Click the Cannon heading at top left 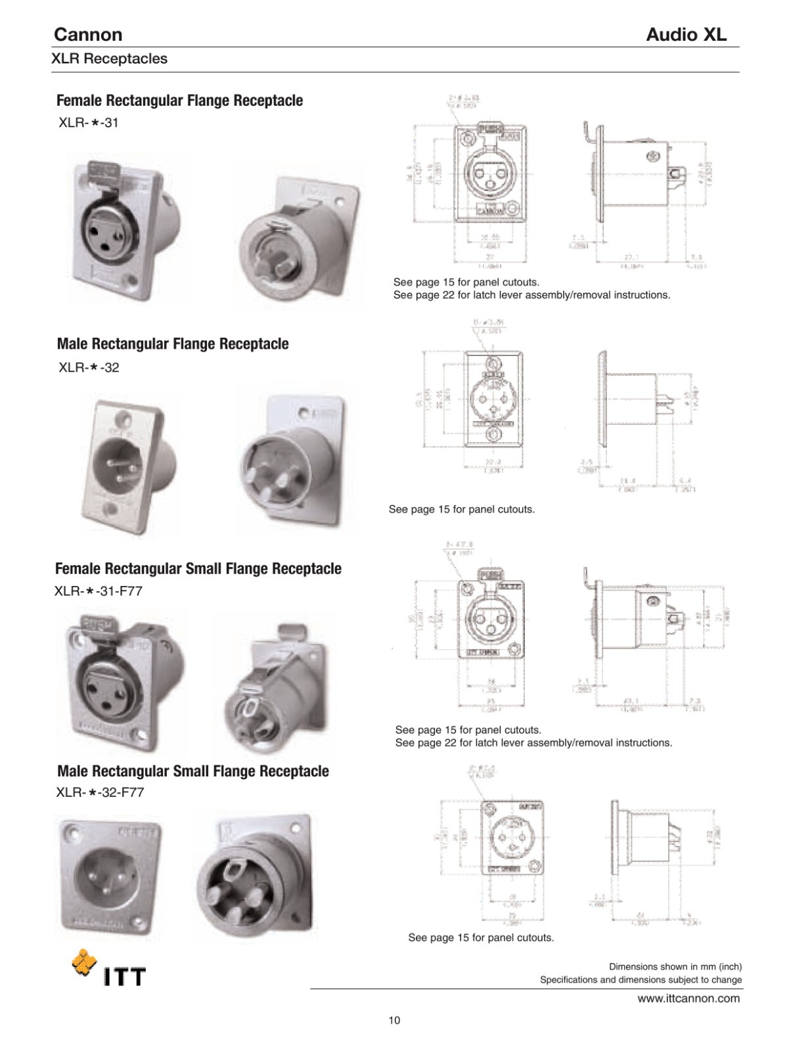coord(88,34)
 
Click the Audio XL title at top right coord(686,34)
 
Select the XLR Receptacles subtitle coord(110,58)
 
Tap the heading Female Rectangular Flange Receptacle coord(179,101)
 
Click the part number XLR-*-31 coord(89,122)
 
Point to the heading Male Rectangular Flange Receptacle coord(173,344)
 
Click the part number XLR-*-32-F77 coord(100,792)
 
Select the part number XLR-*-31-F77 coord(99,591)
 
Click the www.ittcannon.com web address coord(688,998)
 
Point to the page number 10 coord(394,1020)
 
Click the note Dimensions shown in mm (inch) coord(675,966)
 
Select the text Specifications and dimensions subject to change coord(641,979)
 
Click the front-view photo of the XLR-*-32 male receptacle coord(129,465)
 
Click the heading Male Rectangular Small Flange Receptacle coord(192,771)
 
